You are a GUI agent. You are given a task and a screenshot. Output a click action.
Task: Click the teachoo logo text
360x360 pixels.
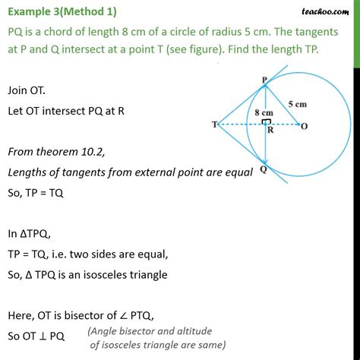(x=327, y=8)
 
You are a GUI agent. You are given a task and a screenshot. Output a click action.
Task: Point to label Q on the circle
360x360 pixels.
(x=262, y=170)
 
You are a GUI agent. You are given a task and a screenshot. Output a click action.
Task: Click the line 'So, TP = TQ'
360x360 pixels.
(x=36, y=193)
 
